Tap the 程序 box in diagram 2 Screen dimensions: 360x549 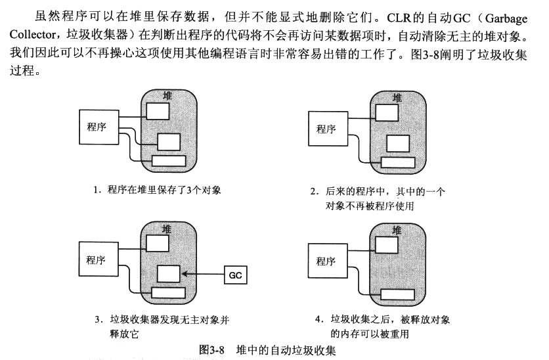(x=326, y=129)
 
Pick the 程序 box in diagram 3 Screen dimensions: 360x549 (x=96, y=259)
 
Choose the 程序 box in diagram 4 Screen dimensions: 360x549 (x=326, y=261)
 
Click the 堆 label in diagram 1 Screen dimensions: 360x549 (x=167, y=96)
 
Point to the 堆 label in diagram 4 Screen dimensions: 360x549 (x=397, y=230)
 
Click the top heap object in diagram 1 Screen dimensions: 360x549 (x=157, y=110)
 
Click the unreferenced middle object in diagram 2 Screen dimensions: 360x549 (x=397, y=143)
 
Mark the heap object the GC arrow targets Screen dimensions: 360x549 (x=169, y=273)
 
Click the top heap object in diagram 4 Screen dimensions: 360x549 (x=386, y=244)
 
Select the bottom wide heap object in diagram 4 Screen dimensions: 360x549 (x=397, y=293)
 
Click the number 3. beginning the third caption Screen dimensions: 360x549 (x=98, y=320)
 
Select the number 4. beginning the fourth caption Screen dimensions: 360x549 (x=318, y=320)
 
